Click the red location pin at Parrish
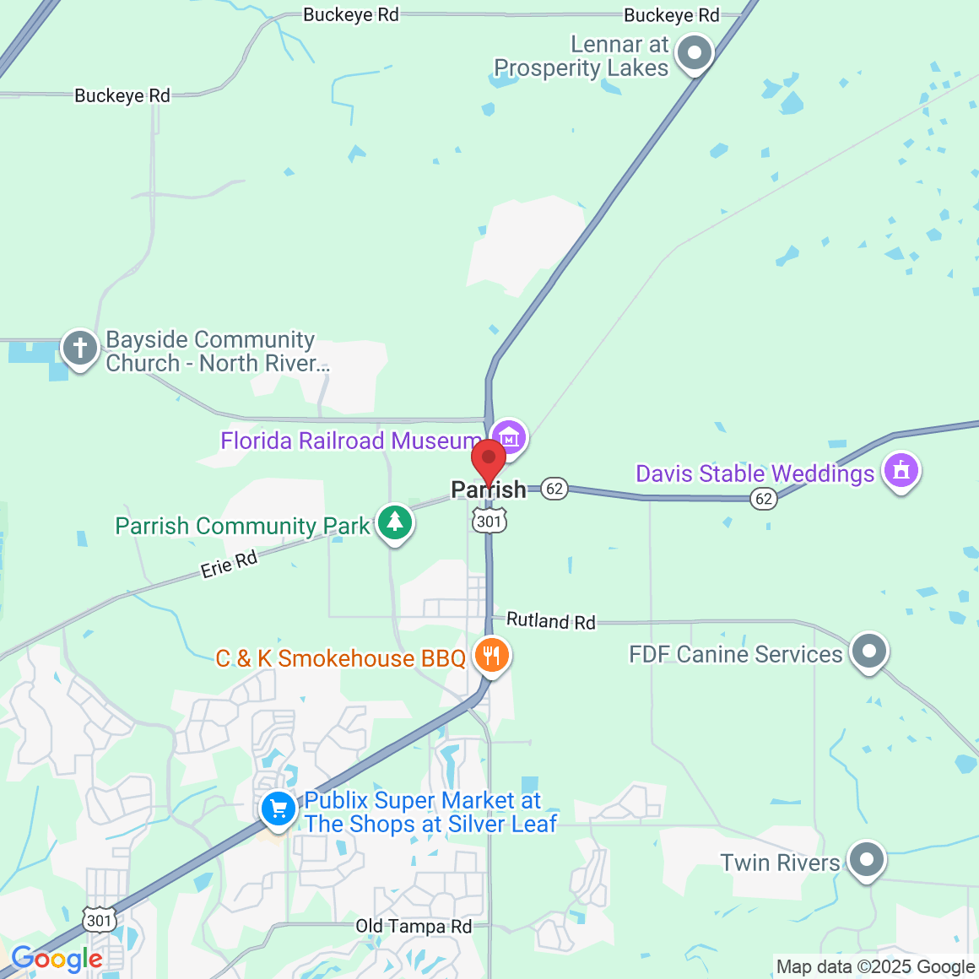pyautogui.click(x=488, y=461)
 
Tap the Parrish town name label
pyautogui.click(x=489, y=489)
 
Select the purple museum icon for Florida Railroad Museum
pyautogui.click(x=509, y=437)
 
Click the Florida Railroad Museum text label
pyautogui.click(x=350, y=441)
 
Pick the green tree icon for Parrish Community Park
pyautogui.click(x=394, y=522)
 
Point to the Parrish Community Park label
pyautogui.click(x=242, y=526)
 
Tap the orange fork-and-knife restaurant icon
pyautogui.click(x=491, y=655)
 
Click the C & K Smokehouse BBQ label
pyautogui.click(x=340, y=658)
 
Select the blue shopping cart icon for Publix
pyautogui.click(x=278, y=809)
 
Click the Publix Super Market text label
pyautogui.click(x=430, y=812)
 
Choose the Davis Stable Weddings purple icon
pyautogui.click(x=901, y=470)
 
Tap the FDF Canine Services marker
pyautogui.click(x=868, y=652)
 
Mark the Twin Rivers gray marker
pyautogui.click(x=866, y=860)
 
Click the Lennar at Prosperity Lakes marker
pyautogui.click(x=695, y=53)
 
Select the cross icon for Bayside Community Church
pyautogui.click(x=80, y=348)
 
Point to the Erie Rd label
pyautogui.click(x=229, y=564)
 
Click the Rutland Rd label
pyautogui.click(x=550, y=621)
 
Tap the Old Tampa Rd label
pyautogui.click(x=414, y=926)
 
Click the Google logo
pyautogui.click(x=57, y=960)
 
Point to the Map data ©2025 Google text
pyautogui.click(x=875, y=967)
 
